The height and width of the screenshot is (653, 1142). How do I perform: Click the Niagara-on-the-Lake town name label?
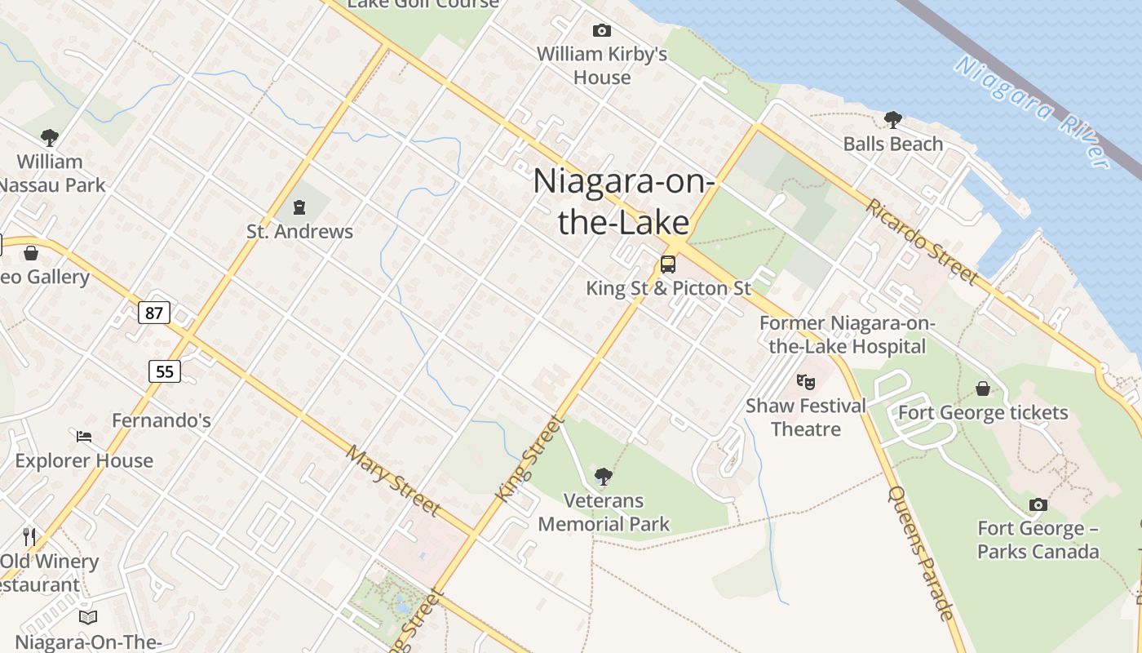[623, 201]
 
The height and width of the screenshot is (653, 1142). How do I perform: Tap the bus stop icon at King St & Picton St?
[667, 264]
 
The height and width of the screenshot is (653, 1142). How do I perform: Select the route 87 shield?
[153, 312]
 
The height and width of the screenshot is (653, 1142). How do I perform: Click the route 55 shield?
[165, 371]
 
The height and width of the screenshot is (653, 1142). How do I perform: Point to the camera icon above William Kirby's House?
[601, 31]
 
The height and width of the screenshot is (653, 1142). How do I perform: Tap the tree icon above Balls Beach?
[892, 120]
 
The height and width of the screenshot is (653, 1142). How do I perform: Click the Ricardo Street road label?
[922, 241]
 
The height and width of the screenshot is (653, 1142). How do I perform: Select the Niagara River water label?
[1032, 111]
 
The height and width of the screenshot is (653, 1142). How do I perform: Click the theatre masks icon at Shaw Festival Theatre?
[805, 381]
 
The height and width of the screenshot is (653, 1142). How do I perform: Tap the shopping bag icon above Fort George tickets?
[983, 389]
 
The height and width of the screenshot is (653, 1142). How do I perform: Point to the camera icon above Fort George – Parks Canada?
[1038, 504]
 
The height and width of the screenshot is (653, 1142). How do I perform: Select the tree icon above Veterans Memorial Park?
[604, 476]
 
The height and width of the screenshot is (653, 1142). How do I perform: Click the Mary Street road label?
[393, 480]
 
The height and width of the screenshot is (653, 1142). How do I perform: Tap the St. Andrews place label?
[299, 232]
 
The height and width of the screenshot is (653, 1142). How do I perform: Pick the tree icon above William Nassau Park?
[50, 137]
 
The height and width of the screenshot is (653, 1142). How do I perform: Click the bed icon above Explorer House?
[84, 436]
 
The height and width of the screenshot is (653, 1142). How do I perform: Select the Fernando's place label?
[162, 421]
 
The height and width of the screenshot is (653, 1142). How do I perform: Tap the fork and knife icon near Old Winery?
[29, 536]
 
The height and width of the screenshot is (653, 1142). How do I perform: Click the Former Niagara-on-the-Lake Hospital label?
[847, 335]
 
